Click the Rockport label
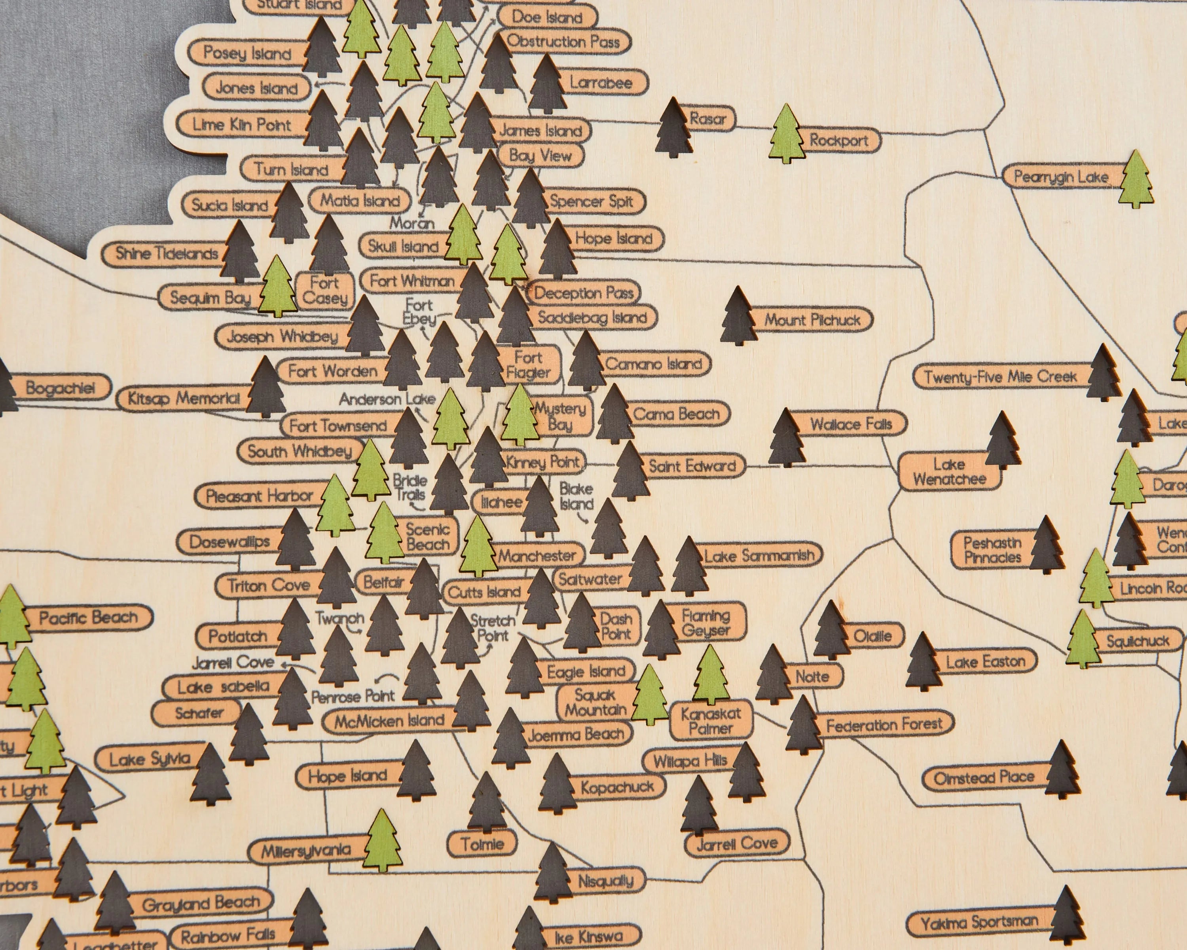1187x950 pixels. [838, 141]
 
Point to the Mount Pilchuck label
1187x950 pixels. [812, 320]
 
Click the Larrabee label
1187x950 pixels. [601, 83]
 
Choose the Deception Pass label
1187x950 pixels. [584, 293]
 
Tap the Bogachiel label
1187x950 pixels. [60, 388]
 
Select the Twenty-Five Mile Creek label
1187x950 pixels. [1000, 377]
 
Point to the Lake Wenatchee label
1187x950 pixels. [949, 471]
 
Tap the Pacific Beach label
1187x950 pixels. [88, 617]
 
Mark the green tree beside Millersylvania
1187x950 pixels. [383, 841]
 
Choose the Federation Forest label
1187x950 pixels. [884, 725]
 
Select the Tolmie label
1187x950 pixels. [482, 844]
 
